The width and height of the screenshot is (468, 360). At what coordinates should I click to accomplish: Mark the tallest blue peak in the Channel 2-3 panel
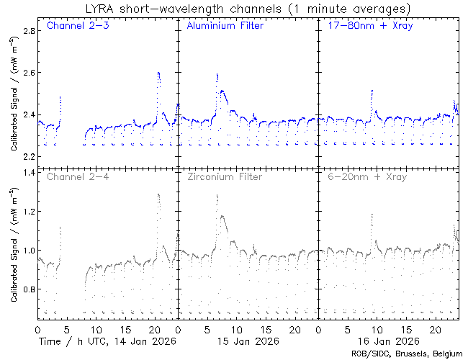point(158,73)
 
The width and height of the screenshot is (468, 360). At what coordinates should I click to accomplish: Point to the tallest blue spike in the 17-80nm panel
point(372,91)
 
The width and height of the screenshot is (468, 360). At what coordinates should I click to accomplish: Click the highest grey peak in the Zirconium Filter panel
point(217,195)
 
